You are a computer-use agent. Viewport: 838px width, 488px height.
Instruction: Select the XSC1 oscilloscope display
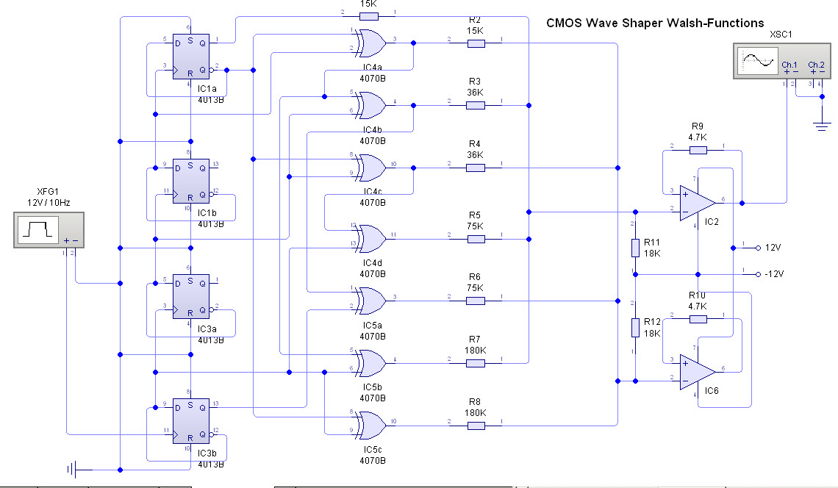(x=758, y=60)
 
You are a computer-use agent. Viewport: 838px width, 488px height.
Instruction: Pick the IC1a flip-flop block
(x=191, y=57)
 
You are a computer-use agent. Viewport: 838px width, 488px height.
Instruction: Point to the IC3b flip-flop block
(x=191, y=420)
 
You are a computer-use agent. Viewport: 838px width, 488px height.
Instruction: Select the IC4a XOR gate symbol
(x=370, y=43)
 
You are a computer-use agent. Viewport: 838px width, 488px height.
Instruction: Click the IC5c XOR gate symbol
(x=370, y=424)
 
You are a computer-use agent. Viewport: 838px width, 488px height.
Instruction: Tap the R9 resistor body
(x=698, y=150)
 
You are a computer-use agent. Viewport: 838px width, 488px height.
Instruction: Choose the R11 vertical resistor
(x=635, y=247)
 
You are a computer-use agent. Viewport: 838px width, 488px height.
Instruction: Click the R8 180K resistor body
(x=476, y=424)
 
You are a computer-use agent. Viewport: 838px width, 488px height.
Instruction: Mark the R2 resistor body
(x=476, y=43)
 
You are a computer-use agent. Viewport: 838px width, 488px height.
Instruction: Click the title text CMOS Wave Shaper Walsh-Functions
(x=654, y=24)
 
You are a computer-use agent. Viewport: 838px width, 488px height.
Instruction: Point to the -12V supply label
(x=774, y=274)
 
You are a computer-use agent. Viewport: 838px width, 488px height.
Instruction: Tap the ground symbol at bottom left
(x=73, y=469)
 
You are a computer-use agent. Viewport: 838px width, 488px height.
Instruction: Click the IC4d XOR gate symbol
(x=370, y=237)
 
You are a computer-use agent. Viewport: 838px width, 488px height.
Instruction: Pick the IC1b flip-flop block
(x=191, y=178)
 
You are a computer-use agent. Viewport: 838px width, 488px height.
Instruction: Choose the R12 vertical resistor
(x=635, y=326)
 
